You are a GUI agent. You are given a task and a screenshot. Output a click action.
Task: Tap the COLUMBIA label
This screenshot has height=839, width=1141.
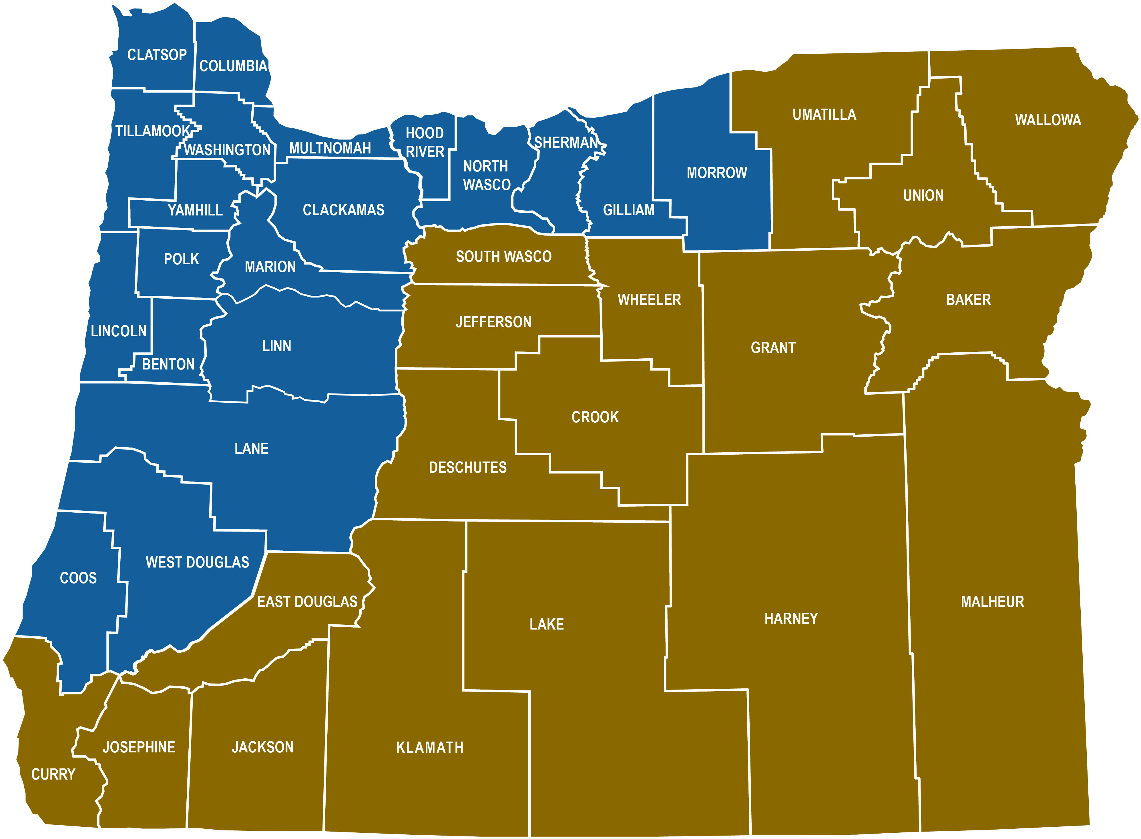coord(233,66)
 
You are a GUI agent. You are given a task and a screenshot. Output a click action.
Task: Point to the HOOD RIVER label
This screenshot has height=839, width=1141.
coord(425,142)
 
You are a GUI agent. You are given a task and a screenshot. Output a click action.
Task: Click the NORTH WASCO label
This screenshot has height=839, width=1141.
coord(486,175)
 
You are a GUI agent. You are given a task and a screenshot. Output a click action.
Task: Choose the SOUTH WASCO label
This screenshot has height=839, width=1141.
coord(503,257)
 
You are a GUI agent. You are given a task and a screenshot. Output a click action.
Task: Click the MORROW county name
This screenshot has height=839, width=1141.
coord(717,173)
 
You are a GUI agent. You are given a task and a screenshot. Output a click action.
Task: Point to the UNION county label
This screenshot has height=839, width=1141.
coord(923,195)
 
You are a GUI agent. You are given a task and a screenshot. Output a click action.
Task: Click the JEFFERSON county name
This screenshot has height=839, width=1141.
coord(493,322)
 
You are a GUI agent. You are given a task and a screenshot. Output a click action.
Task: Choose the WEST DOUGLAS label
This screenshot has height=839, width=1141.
coord(197,562)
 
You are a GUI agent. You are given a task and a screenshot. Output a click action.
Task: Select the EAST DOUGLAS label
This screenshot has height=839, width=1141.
coord(307,602)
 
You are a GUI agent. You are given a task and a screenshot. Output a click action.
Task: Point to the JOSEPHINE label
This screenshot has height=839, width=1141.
coord(139,747)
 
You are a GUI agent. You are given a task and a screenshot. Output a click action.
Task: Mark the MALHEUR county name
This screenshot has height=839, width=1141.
coord(992,602)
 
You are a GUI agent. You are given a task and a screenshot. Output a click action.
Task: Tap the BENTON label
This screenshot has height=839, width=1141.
coord(168,364)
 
